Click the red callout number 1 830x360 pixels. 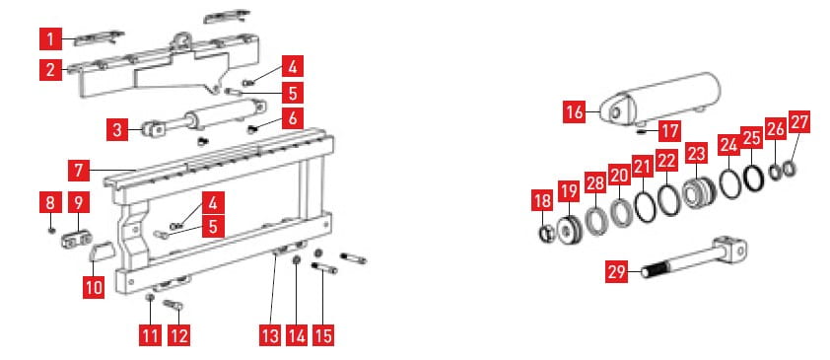pos(51,39)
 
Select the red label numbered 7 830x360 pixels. pos(79,171)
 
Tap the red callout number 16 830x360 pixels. pos(575,111)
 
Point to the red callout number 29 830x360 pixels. pos(616,272)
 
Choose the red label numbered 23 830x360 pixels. pos(696,154)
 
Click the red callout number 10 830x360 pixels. pos(94,287)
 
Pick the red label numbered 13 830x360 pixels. pos(270,335)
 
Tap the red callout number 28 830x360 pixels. pos(595,184)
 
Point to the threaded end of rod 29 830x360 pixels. pos(657,269)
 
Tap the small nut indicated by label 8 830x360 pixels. pos(51,230)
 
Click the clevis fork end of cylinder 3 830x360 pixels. pos(153,129)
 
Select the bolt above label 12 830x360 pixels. pos(173,305)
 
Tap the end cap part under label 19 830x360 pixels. pos(569,229)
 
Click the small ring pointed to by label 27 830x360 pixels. pos(790,170)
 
